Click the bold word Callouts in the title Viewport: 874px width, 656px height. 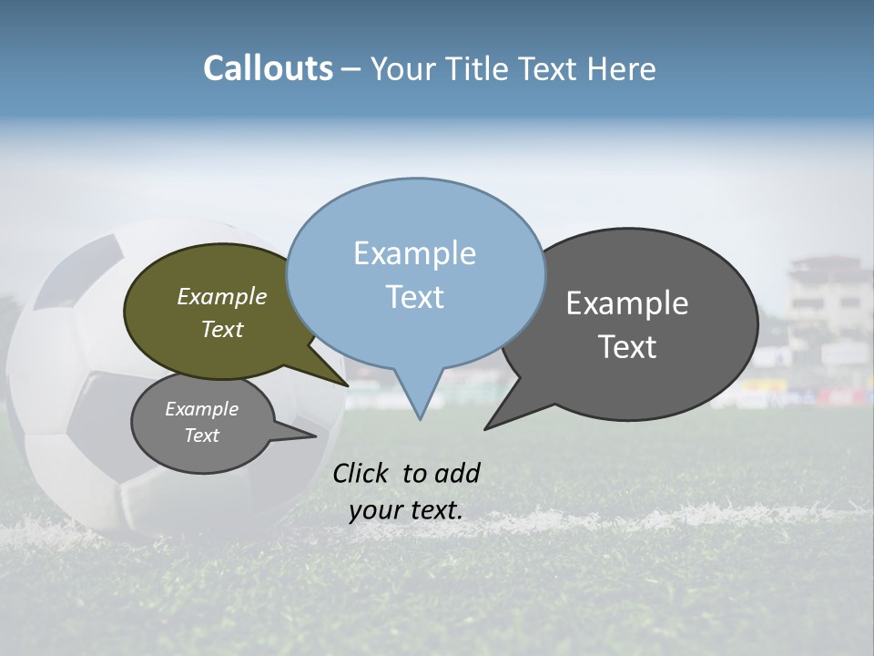(268, 68)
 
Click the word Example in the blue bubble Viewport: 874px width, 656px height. (414, 253)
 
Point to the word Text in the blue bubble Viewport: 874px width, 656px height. (414, 297)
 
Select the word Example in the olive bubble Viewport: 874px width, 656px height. (221, 296)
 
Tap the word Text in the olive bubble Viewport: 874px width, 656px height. (221, 329)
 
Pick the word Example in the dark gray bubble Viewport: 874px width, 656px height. (626, 303)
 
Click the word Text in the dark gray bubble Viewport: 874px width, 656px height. (626, 347)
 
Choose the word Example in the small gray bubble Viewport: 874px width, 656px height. (201, 409)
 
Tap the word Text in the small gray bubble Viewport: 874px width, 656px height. (201, 436)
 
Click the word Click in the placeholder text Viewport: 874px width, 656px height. (361, 473)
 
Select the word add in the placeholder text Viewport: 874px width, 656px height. (456, 473)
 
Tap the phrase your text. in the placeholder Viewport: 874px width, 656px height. (405, 510)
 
